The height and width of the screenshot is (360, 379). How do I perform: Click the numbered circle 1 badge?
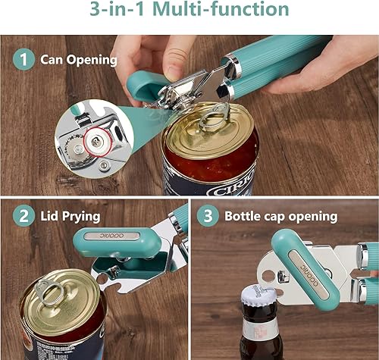coord(23,59)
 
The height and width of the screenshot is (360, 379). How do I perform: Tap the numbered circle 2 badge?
coord(23,216)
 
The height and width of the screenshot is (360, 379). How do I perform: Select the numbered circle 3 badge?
coord(208,216)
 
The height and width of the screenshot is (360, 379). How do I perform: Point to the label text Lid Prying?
coord(70,216)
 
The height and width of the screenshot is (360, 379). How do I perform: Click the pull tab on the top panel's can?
coord(214,114)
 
